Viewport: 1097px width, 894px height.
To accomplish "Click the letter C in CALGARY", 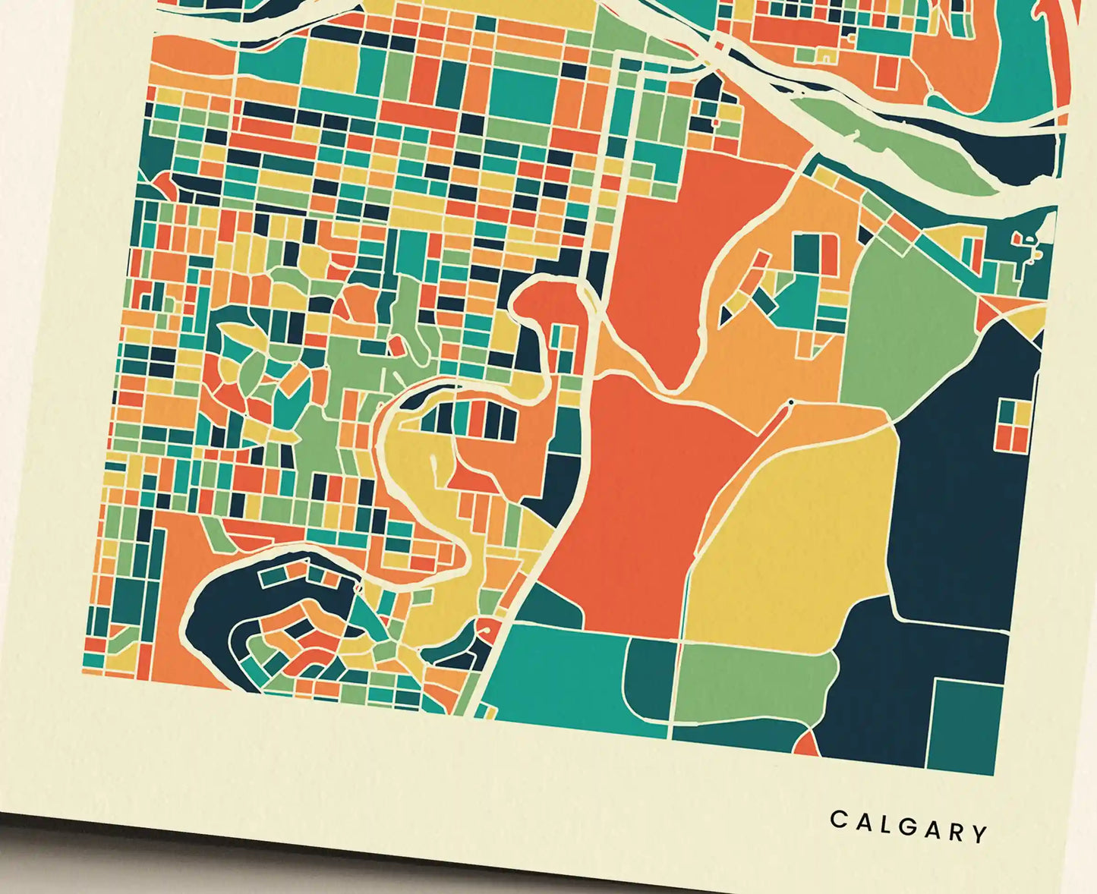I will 839,819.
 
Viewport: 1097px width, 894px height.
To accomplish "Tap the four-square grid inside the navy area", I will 1013,425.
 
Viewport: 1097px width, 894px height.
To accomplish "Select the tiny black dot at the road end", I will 791,401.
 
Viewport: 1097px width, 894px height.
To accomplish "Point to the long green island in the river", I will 896,152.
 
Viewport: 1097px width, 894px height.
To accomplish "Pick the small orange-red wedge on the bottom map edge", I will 807,744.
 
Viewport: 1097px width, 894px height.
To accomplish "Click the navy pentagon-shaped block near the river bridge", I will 709,91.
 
